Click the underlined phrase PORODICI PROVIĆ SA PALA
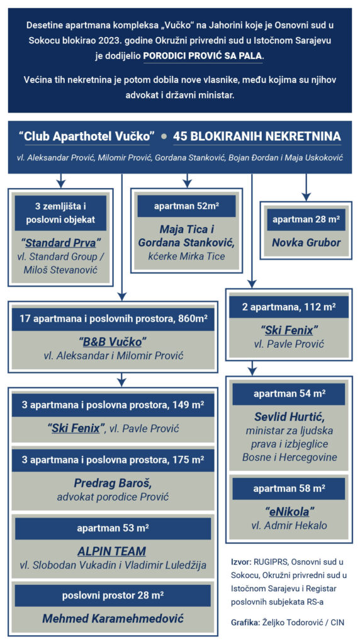[203, 56]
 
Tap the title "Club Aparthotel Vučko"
[84, 136]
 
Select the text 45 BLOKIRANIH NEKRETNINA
[257, 136]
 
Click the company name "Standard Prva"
[61, 243]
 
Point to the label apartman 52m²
[186, 206]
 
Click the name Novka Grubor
[306, 242]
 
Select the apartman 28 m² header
[306, 219]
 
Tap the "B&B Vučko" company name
[113, 341]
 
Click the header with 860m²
[113, 318]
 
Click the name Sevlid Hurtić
[290, 418]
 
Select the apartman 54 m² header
[290, 394]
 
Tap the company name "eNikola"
[290, 511]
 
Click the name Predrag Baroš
[113, 483]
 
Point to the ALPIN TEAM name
[112, 551]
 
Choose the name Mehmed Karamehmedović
[113, 618]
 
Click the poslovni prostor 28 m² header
[113, 596]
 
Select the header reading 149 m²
[113, 406]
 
